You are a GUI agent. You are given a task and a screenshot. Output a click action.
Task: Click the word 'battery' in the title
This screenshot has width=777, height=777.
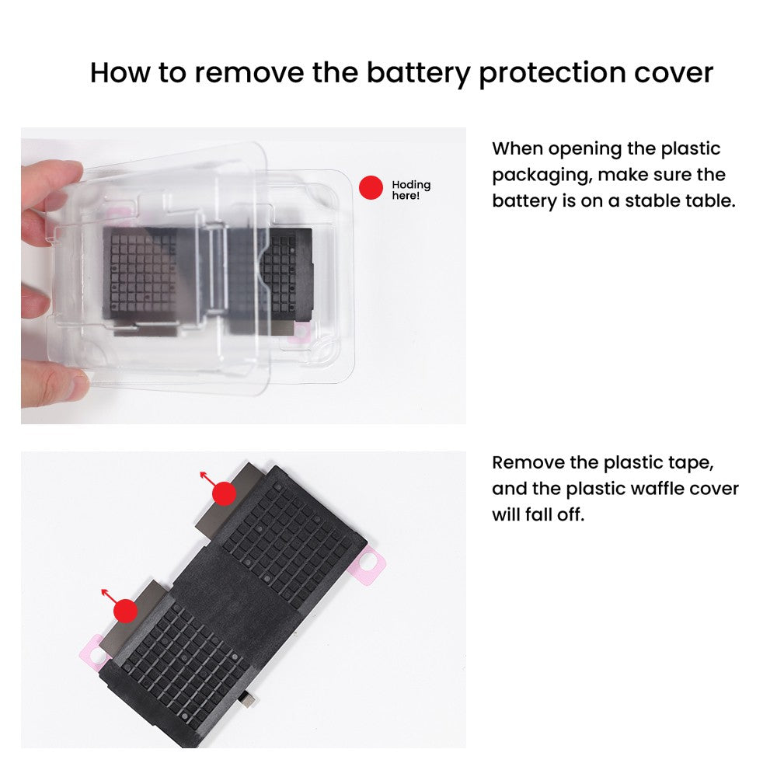coord(419,73)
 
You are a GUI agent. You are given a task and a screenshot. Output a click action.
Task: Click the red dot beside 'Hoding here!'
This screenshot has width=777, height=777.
coord(371,188)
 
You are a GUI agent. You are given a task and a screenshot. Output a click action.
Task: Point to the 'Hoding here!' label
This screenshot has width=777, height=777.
coord(411,190)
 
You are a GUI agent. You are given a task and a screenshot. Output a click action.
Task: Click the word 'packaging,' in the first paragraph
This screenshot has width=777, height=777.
coord(542,176)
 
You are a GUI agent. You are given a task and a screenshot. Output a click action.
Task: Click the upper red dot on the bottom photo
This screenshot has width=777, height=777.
coord(224,493)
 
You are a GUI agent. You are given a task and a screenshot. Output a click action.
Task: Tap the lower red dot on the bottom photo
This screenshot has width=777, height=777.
coord(125,611)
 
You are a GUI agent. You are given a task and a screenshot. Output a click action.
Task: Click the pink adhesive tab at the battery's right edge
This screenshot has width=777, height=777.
coord(368,565)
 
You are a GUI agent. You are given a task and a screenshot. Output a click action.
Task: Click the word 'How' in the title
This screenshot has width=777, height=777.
coord(120,73)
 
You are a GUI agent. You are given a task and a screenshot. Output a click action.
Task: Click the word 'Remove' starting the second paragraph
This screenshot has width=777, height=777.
coord(528,463)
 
